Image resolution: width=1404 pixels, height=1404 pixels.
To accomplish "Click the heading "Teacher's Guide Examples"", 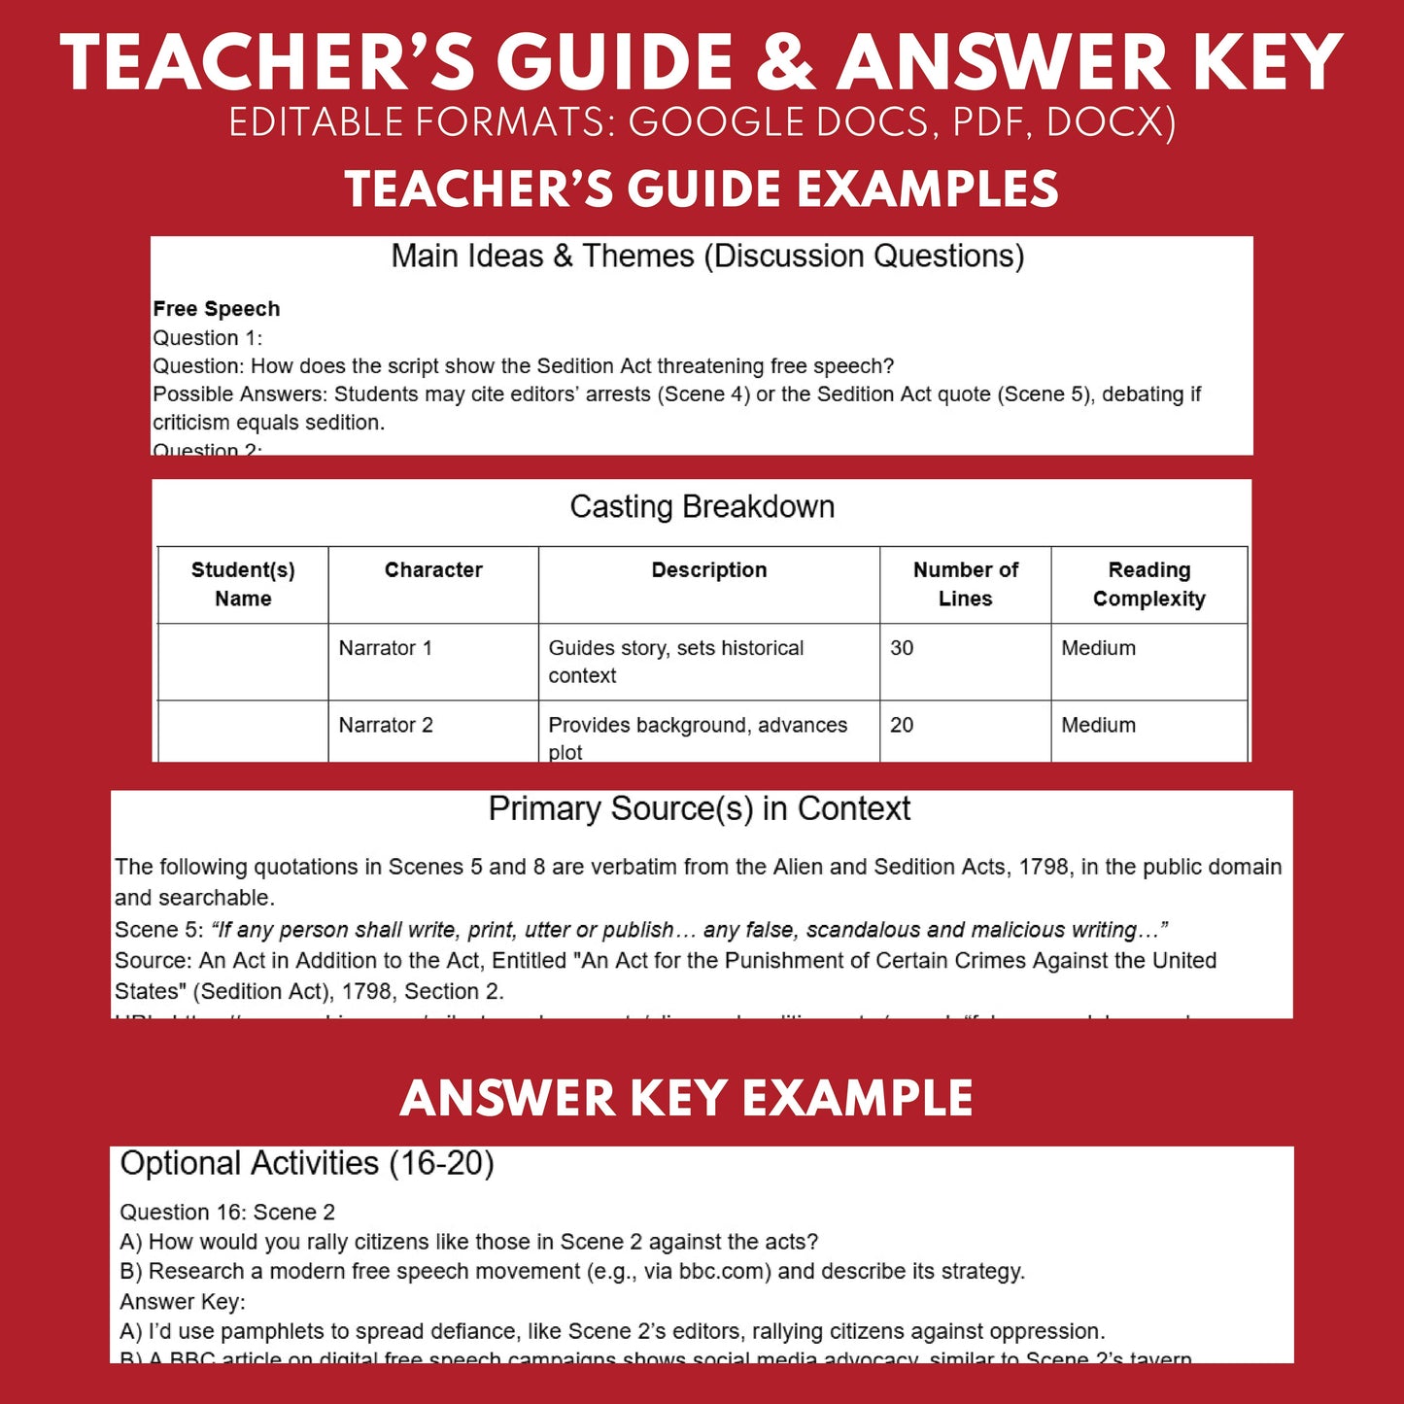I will point(702,188).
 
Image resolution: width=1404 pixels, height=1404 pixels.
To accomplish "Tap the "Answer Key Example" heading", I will point(686,1098).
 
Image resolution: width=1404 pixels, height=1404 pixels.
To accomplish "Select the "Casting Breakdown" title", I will point(702,506).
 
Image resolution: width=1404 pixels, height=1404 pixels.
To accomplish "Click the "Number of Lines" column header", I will point(965,584).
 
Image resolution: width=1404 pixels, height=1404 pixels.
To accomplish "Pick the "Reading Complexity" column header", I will point(1148,584).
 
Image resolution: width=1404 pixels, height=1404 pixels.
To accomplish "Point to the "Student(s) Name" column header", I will point(243,584).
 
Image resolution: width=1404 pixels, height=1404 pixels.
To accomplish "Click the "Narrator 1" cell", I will point(386,648).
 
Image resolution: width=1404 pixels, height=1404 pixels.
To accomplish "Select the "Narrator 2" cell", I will point(386,725).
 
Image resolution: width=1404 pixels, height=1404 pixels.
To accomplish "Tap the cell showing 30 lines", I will point(902,648).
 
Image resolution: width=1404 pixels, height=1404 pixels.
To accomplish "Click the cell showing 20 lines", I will point(902,725).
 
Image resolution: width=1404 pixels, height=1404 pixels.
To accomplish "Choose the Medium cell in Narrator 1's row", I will point(1098,648).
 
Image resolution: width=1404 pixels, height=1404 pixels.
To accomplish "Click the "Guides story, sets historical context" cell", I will point(676,661).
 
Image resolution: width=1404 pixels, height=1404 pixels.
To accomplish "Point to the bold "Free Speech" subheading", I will point(217,309).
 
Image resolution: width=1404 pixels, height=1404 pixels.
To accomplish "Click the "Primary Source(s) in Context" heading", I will point(700,808).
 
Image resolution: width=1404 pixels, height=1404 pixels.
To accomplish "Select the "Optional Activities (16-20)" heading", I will point(307,1163).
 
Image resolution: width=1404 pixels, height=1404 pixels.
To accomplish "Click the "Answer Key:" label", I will point(183,1301).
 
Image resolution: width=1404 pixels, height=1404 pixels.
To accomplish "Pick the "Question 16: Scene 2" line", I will point(227,1212).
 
